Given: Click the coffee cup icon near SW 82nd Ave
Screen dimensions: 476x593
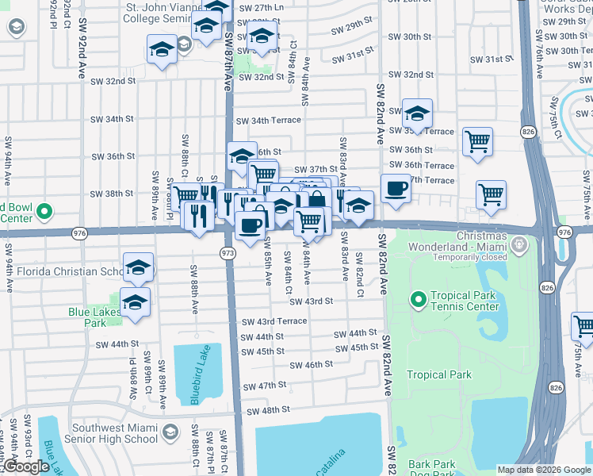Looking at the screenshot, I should pos(396,189).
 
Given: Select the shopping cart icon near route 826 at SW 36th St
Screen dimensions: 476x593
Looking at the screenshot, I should pos(477,142).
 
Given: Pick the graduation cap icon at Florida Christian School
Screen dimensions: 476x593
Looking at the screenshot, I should pos(138,267).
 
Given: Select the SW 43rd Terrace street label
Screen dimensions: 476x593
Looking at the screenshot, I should pos(274,321).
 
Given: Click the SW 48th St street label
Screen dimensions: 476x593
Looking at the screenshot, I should pos(268,411).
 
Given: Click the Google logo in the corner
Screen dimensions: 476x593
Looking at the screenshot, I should pos(26,466).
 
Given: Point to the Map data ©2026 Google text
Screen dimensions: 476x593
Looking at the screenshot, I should pos(544,470).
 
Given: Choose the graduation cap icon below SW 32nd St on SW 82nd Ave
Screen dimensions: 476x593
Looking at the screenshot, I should pos(417,113).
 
